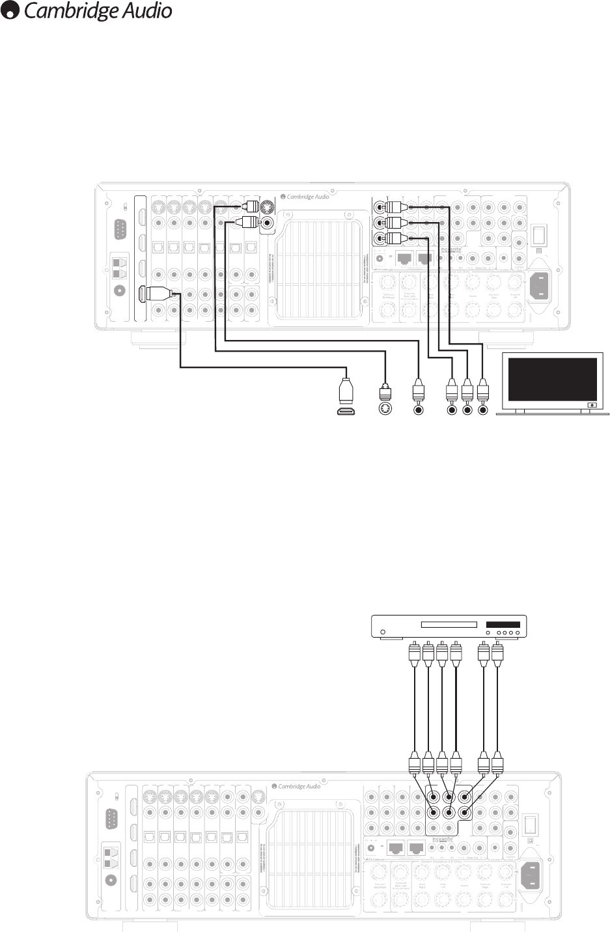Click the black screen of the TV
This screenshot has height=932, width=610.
(x=552, y=379)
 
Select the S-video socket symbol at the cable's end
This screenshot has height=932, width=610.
(x=385, y=410)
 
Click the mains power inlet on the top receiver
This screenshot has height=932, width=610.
(x=542, y=285)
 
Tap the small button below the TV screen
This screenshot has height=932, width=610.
(x=591, y=404)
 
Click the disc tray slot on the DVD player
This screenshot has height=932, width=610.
(x=449, y=625)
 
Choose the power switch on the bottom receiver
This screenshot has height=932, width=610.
(x=530, y=825)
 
